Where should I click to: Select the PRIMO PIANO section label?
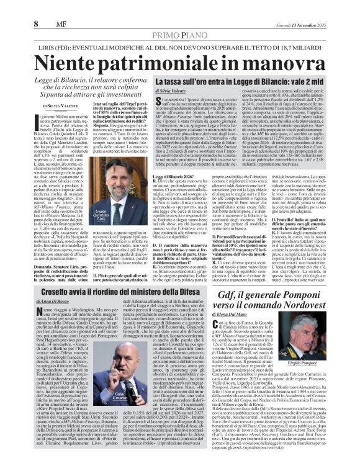click(180, 19)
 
